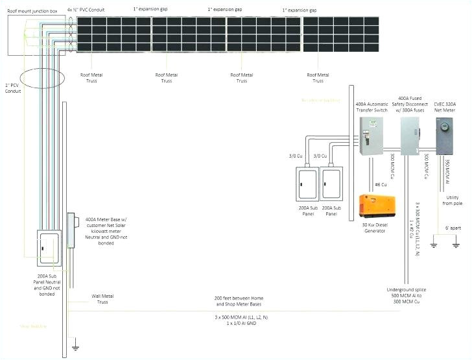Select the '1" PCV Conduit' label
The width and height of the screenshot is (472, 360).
click(x=13, y=88)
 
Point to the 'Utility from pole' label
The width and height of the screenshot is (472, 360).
click(x=453, y=200)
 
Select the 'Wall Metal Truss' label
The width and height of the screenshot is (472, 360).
click(x=102, y=298)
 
